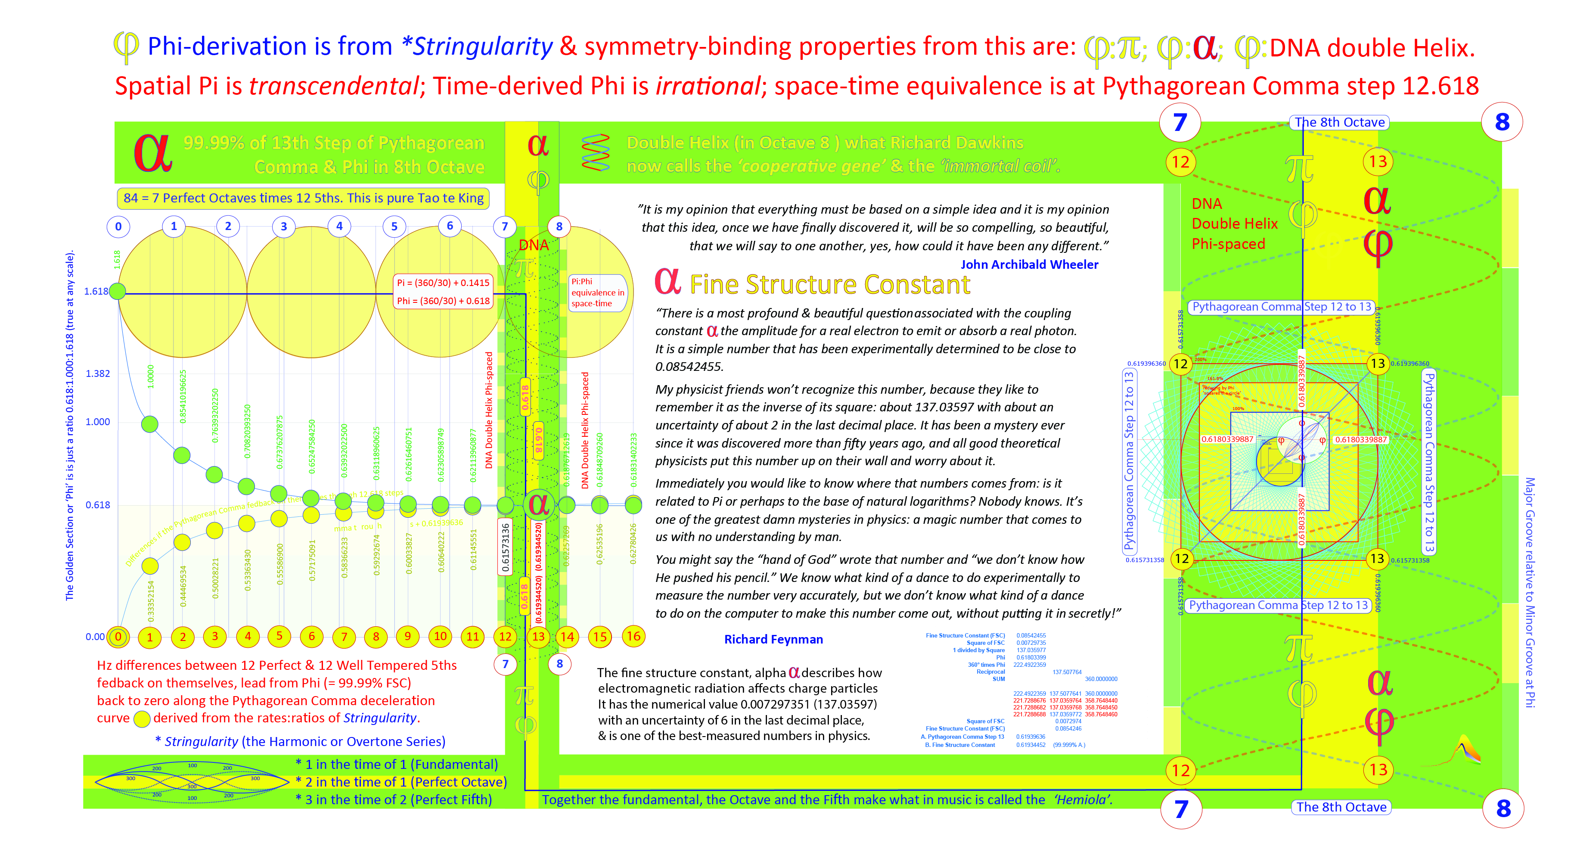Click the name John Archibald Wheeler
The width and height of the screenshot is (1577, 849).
[x=1029, y=264]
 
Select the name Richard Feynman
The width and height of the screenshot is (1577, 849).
[x=773, y=640]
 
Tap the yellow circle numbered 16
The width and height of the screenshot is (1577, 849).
[x=633, y=637]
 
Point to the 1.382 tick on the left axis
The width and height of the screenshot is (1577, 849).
[x=97, y=373]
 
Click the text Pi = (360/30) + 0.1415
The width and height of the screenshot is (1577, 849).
[x=443, y=283]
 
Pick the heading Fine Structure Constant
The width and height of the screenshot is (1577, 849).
[x=829, y=285]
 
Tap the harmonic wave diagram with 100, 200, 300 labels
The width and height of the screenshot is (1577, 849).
[x=192, y=782]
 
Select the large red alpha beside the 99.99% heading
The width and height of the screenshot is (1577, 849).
[x=152, y=154]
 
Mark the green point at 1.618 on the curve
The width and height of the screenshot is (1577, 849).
[x=118, y=292]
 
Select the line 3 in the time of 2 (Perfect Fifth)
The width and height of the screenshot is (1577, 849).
[x=394, y=800]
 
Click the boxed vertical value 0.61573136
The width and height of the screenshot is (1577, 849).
[x=505, y=547]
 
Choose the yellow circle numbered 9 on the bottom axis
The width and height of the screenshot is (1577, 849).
[x=408, y=637]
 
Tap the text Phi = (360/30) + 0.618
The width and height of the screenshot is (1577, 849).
[x=443, y=301]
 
